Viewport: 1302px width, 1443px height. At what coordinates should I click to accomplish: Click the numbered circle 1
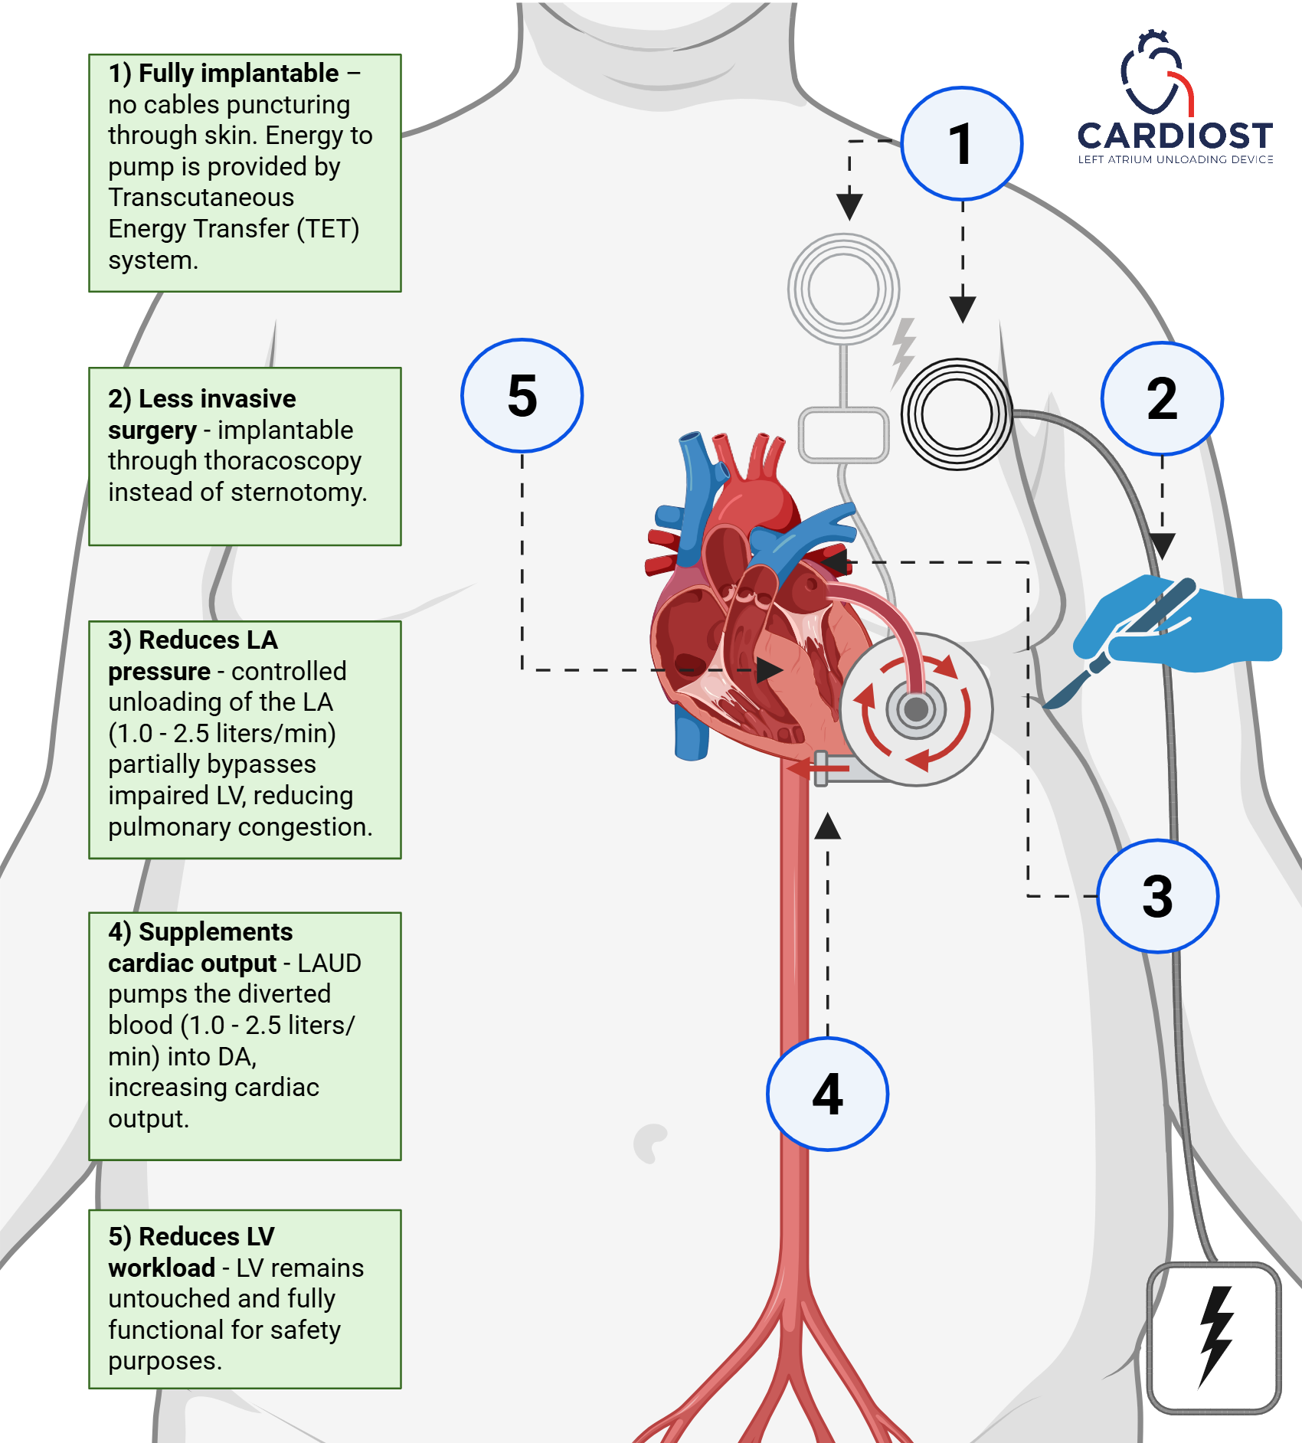click(x=960, y=144)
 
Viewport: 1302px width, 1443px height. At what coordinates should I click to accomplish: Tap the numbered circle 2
click(x=1161, y=398)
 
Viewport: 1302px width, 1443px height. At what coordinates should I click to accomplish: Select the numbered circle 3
click(x=1157, y=896)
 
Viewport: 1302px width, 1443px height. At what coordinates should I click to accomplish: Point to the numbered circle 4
click(x=827, y=1094)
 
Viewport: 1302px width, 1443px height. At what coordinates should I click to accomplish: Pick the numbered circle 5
click(x=522, y=395)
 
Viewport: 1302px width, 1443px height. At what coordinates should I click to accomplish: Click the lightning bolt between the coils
click(x=904, y=352)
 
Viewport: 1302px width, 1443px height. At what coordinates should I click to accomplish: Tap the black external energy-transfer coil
click(x=957, y=414)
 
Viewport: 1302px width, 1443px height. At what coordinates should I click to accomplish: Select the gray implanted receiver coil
click(x=843, y=290)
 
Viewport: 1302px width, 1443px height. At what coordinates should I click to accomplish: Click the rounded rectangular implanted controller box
click(x=843, y=435)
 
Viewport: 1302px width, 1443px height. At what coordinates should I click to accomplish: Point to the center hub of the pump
click(x=916, y=709)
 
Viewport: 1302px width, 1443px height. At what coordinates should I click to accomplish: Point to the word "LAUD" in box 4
click(x=329, y=964)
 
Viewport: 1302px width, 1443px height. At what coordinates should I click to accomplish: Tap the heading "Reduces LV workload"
click(x=191, y=1252)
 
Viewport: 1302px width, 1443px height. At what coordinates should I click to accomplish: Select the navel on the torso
click(x=650, y=1142)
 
